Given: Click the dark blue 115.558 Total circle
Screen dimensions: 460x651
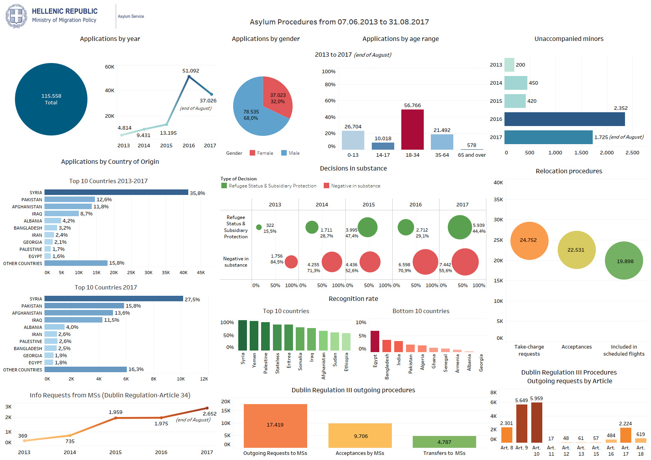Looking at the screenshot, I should pyautogui.click(x=51, y=99).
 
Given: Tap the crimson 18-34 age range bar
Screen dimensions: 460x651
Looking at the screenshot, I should pyautogui.click(x=412, y=130).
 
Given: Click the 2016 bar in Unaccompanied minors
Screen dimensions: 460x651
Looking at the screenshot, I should pyautogui.click(x=564, y=119).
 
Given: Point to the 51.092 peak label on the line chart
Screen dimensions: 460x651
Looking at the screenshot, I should pyautogui.click(x=191, y=71).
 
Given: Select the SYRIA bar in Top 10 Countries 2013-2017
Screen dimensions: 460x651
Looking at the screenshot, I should pyautogui.click(x=116, y=193).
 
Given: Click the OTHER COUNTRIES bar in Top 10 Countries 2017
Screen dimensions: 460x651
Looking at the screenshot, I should pyautogui.click(x=85, y=369).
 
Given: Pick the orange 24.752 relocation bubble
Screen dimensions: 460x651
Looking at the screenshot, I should pyautogui.click(x=529, y=241).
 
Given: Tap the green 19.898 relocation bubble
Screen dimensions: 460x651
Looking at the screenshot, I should pyautogui.click(x=624, y=261).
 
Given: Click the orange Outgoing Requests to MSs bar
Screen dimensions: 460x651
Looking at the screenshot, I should pyautogui.click(x=275, y=426).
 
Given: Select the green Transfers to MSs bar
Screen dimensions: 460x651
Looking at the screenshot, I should pyautogui.click(x=444, y=442).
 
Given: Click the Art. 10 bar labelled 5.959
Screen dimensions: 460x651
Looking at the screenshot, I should pyautogui.click(x=536, y=423).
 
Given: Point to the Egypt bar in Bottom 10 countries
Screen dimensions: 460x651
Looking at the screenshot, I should pyautogui.click(x=375, y=341).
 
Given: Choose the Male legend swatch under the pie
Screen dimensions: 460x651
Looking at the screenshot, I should pyautogui.click(x=284, y=153).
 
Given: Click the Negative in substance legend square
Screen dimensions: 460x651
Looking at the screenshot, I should pyautogui.click(x=326, y=186).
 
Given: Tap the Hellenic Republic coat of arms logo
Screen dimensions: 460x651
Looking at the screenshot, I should pyautogui.click(x=16, y=16).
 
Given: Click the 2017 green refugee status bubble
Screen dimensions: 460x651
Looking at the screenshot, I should pyautogui.click(x=460, y=227).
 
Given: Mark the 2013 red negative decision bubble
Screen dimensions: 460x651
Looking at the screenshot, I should pyautogui.click(x=291, y=262).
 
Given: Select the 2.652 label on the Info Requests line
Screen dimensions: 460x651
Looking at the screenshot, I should pyautogui.click(x=210, y=414).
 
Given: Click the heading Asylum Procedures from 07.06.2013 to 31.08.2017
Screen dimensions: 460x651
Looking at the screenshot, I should pyautogui.click(x=339, y=22).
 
